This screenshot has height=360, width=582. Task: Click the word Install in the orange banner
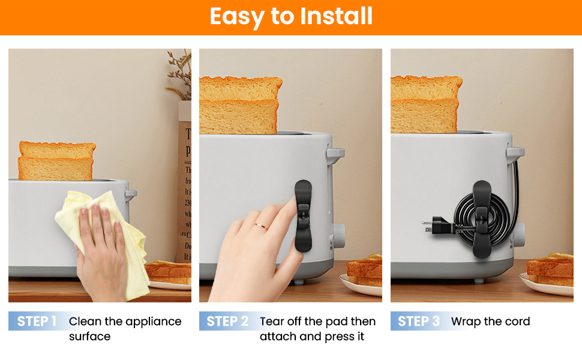point(336,16)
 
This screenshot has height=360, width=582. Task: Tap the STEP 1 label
point(37,321)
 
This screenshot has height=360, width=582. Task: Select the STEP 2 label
point(227,321)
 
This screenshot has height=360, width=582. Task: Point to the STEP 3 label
point(419,321)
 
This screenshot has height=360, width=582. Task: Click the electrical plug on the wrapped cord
point(437,224)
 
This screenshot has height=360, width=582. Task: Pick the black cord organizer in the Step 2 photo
point(303,216)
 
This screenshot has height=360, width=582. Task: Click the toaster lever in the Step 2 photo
point(335,154)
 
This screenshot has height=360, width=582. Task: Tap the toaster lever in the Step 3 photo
point(515,153)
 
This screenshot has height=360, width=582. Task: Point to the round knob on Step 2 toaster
point(338,235)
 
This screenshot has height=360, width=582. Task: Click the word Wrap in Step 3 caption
point(466,322)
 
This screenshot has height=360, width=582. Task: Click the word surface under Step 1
point(90,336)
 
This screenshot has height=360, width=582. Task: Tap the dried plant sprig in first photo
point(180,74)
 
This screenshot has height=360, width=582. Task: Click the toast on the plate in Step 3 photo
point(550,269)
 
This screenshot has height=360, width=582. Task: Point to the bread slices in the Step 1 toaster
point(56,161)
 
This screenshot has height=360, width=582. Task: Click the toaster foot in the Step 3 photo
point(479,281)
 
